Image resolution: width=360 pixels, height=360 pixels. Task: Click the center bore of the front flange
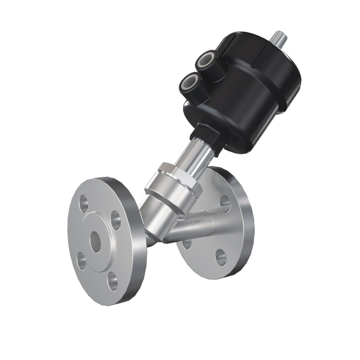pyautogui.click(x=95, y=242)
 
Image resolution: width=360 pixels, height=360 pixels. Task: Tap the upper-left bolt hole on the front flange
pyautogui.click(x=84, y=203)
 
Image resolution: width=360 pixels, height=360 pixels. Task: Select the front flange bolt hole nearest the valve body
pyautogui.click(x=116, y=220)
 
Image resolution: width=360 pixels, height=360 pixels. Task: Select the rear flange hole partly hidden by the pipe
pyautogui.click(x=186, y=243)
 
